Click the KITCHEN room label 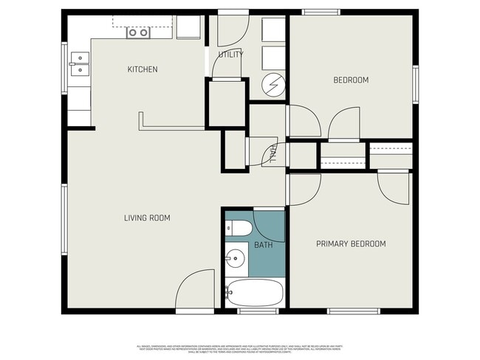coord(143,69)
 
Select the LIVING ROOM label coord(147,218)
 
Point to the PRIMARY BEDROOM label coord(351,243)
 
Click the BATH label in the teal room coord(263,244)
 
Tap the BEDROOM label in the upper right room coord(351,80)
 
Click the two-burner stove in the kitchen coord(138,32)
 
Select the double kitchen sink coord(78,64)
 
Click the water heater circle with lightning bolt coord(274,86)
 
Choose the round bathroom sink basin coord(236,258)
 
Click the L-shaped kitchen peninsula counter coord(170,125)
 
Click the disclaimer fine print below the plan coord(240,347)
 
